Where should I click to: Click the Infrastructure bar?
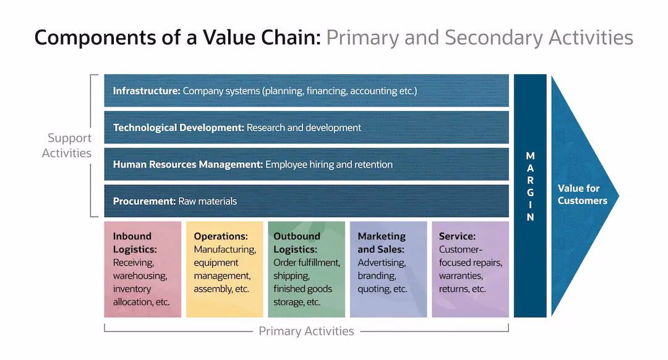coord(306,91)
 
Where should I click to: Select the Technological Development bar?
coord(306,127)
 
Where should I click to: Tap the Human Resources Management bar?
coord(306,165)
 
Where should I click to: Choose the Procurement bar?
coord(306,201)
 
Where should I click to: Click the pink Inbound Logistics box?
coord(142,270)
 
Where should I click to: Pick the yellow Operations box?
coord(224,270)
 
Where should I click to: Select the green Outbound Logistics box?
coord(306,270)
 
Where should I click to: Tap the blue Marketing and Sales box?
coord(388,270)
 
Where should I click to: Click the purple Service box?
coord(470,270)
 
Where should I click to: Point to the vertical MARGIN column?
coord(530,195)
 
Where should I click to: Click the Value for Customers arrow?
coord(581,195)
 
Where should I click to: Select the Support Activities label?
coord(67,145)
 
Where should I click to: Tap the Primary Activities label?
coord(306,331)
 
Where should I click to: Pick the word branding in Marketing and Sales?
coord(376,276)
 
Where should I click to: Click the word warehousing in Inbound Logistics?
coord(140,276)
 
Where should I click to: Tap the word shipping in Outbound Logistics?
coord(291,276)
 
